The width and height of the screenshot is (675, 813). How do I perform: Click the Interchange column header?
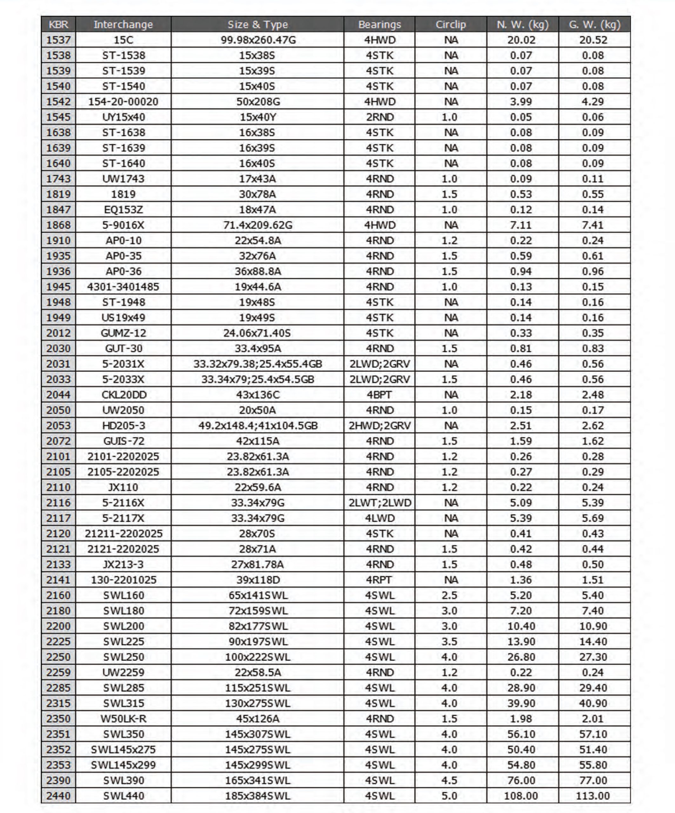click(x=123, y=24)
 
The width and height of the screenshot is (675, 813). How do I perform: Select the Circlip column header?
click(x=451, y=24)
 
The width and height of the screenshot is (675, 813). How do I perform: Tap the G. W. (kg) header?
click(x=594, y=24)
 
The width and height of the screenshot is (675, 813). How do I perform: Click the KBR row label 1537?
click(x=58, y=40)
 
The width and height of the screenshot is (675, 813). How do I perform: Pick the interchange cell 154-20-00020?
click(x=123, y=101)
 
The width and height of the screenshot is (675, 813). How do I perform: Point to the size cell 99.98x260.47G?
click(x=258, y=40)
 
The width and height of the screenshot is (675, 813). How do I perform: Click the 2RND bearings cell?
click(x=379, y=117)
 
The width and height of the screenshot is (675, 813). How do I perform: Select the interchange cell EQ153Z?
click(x=123, y=210)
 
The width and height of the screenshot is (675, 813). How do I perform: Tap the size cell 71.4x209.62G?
click(x=258, y=225)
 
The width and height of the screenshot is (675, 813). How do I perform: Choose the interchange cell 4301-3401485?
click(x=123, y=287)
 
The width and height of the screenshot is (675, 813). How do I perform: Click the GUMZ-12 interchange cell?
click(x=123, y=333)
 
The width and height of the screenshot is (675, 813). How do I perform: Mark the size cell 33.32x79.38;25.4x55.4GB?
click(x=258, y=364)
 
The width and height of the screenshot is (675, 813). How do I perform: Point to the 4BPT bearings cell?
click(x=379, y=395)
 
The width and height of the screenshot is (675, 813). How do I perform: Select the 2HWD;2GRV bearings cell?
click(x=379, y=426)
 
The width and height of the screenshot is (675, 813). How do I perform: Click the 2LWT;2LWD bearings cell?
click(x=379, y=502)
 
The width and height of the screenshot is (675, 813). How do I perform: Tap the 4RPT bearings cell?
click(x=379, y=580)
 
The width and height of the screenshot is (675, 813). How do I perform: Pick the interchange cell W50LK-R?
click(x=123, y=719)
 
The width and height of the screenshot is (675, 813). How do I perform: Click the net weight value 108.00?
click(x=521, y=796)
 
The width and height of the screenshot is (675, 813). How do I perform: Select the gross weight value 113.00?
click(x=592, y=796)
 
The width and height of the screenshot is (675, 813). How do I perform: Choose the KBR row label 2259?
click(x=58, y=672)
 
